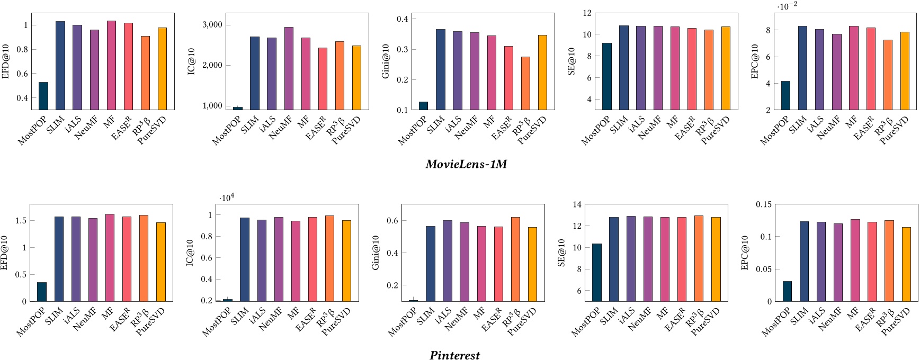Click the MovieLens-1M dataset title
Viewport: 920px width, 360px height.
point(466,164)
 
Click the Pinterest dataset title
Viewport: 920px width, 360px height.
point(454,355)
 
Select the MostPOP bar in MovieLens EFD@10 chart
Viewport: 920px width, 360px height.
point(43,96)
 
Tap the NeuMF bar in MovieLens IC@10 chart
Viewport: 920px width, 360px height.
point(289,68)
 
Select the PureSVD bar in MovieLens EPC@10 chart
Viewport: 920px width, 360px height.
point(905,70)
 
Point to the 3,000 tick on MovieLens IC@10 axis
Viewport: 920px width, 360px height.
point(212,25)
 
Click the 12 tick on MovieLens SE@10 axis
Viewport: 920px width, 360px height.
point(587,13)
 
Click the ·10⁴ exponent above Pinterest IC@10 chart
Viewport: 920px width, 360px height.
point(227,197)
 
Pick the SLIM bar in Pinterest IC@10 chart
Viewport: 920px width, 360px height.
point(245,259)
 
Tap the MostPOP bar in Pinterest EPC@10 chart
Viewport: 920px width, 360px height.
point(787,291)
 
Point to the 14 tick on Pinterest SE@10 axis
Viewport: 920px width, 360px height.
point(577,204)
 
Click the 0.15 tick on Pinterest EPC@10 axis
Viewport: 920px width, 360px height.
point(763,204)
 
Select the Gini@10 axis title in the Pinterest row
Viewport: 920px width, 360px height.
point(376,253)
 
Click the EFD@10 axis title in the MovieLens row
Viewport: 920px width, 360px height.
point(6,61)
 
